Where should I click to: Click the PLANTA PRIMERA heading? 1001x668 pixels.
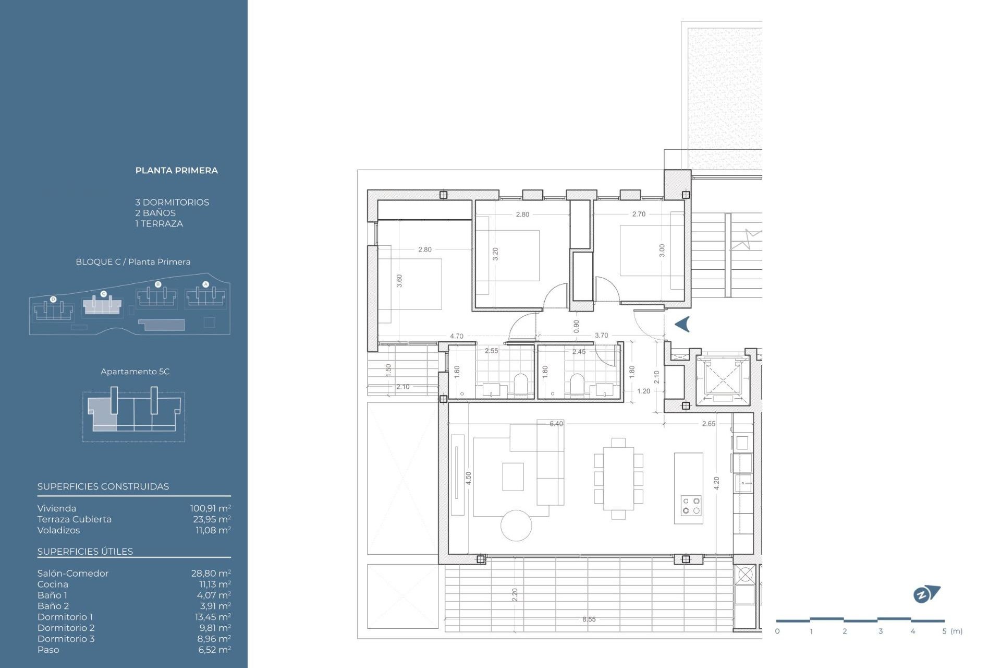tap(176, 171)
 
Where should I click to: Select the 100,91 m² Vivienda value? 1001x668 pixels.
tap(210, 508)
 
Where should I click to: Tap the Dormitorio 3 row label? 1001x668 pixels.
tap(66, 639)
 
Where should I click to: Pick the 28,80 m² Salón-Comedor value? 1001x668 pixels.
tap(211, 574)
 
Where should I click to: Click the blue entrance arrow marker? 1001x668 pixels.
tap(682, 324)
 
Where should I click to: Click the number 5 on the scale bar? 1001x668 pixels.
tap(944, 631)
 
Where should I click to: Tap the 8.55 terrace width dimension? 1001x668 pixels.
tap(589, 619)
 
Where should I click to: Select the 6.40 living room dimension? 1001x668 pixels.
tap(556, 424)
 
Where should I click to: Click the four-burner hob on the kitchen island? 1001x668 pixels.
tap(691, 506)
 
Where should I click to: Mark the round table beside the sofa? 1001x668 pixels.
tap(516, 526)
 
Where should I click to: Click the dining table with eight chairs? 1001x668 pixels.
tap(618, 479)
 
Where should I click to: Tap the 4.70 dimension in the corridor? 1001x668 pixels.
tap(457, 336)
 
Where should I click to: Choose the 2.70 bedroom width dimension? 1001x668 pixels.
tap(639, 214)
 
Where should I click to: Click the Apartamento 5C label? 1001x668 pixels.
tap(135, 372)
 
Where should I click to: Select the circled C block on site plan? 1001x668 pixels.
tap(103, 294)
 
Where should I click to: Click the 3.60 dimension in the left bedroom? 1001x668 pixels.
tap(399, 281)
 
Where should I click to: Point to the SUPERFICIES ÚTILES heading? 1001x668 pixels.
tap(85, 552)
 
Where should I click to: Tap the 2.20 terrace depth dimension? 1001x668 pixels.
tap(515, 594)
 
